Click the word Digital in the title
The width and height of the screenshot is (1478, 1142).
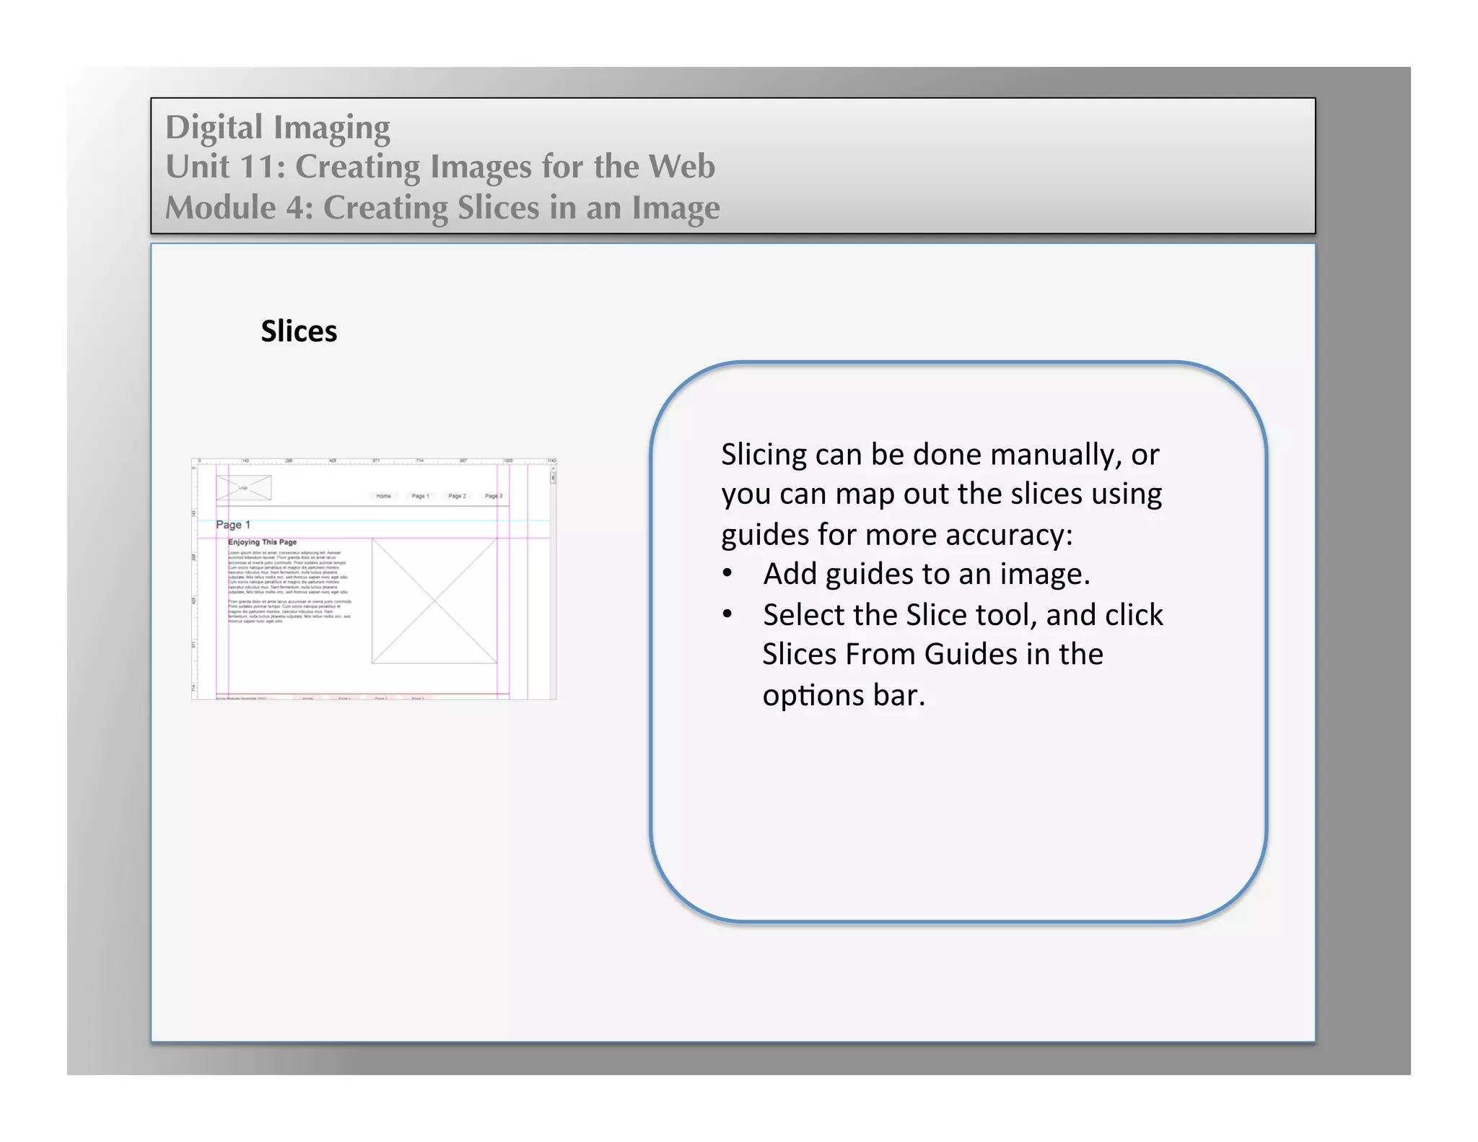[x=214, y=127]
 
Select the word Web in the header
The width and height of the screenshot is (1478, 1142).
[x=681, y=167]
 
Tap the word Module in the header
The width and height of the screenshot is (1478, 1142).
[x=220, y=208]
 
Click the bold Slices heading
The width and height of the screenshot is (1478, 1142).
[x=299, y=331]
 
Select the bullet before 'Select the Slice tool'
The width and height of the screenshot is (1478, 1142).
[x=727, y=615]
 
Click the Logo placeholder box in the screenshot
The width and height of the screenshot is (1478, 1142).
[x=244, y=488]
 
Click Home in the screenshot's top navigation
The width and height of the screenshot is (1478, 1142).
[x=383, y=496]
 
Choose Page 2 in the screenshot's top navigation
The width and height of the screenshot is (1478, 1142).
[x=457, y=496]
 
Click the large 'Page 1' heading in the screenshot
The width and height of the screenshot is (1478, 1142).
[x=233, y=525]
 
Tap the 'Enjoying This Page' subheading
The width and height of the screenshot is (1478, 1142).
[x=262, y=542]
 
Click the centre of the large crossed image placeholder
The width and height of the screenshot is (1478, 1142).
[x=434, y=601]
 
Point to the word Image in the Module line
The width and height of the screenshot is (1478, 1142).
[x=675, y=208]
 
